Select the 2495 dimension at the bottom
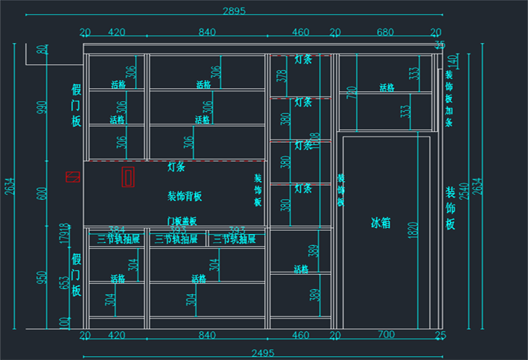tap(262, 352)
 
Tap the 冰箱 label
tap(381, 223)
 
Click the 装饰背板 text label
tap(185, 197)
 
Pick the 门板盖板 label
tap(182, 221)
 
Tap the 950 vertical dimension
tap(42, 278)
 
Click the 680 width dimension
tap(385, 32)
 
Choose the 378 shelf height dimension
tap(282, 76)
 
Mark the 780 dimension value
tap(351, 93)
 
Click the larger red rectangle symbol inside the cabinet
tap(128, 177)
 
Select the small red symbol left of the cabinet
tap(72, 177)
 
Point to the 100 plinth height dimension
tap(63, 322)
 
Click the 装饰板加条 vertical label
tap(450, 99)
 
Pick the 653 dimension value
tap(64, 283)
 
